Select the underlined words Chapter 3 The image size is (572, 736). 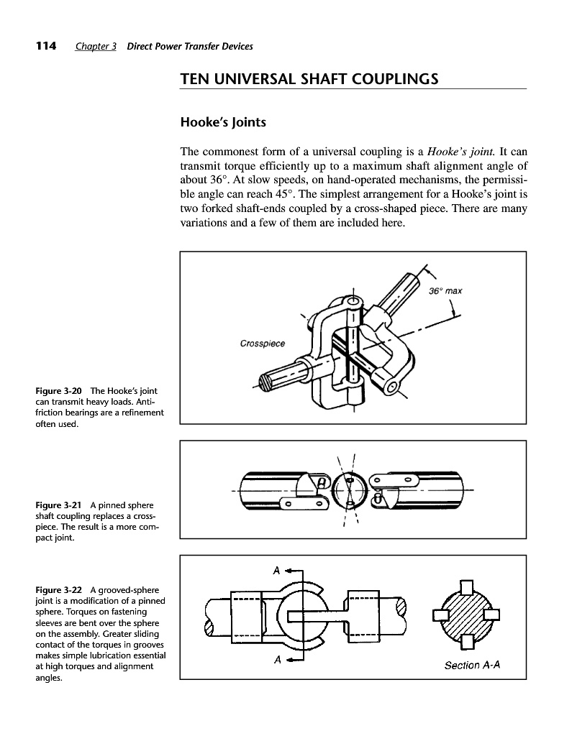(96, 47)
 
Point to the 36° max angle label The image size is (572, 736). (445, 291)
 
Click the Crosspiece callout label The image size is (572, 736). (262, 344)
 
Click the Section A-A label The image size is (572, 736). (471, 665)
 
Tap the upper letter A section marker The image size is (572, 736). (276, 571)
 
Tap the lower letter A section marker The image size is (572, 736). (276, 661)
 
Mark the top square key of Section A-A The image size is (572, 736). (466, 588)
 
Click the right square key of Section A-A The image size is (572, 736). (491, 615)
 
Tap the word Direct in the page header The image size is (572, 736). (140, 47)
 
